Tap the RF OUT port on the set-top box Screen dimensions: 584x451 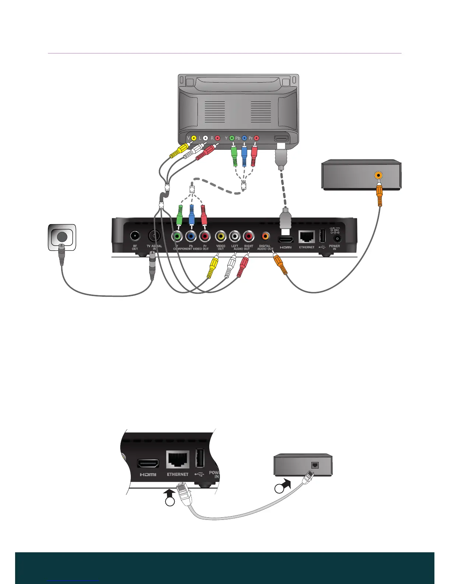coord(135,236)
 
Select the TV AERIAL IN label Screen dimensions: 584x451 coord(154,247)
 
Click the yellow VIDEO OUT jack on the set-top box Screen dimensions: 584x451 coord(221,236)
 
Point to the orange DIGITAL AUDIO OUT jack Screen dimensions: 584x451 coord(265,236)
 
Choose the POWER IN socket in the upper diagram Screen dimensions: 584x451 coord(336,239)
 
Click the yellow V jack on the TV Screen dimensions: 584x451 coord(194,138)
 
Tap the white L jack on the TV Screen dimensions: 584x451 coord(206,138)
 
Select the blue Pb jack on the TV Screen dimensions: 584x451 coord(244,138)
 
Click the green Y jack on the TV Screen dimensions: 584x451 coord(232,138)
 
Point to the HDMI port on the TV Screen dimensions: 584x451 coord(281,139)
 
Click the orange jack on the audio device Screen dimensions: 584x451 coord(378,175)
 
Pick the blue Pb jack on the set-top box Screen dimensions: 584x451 coord(191,236)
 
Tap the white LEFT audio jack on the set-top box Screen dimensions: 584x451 coord(235,236)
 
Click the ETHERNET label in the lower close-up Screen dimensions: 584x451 coord(178,474)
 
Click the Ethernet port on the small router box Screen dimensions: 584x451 coord(315,465)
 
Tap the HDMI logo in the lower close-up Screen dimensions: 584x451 coord(148,474)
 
